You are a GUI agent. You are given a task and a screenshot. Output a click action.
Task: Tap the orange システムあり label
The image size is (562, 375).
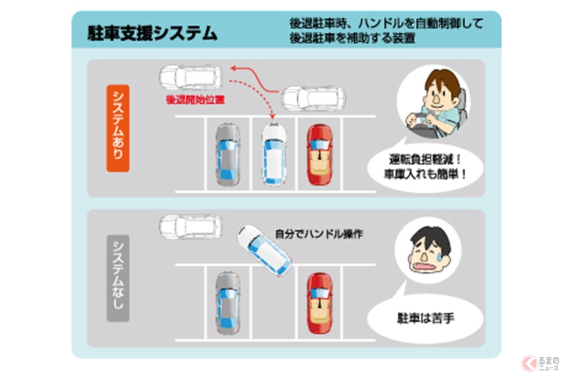pyautogui.click(x=117, y=127)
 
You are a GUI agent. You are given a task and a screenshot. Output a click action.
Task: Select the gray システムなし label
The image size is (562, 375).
pyautogui.click(x=117, y=278)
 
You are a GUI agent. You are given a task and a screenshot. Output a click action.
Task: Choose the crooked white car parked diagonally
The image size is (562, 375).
pyautogui.click(x=264, y=251)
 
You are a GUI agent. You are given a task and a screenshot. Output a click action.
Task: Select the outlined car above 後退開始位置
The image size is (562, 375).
pyautogui.click(x=190, y=77)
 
